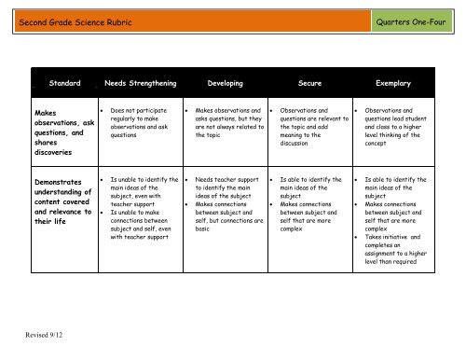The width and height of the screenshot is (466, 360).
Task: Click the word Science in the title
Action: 95,21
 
